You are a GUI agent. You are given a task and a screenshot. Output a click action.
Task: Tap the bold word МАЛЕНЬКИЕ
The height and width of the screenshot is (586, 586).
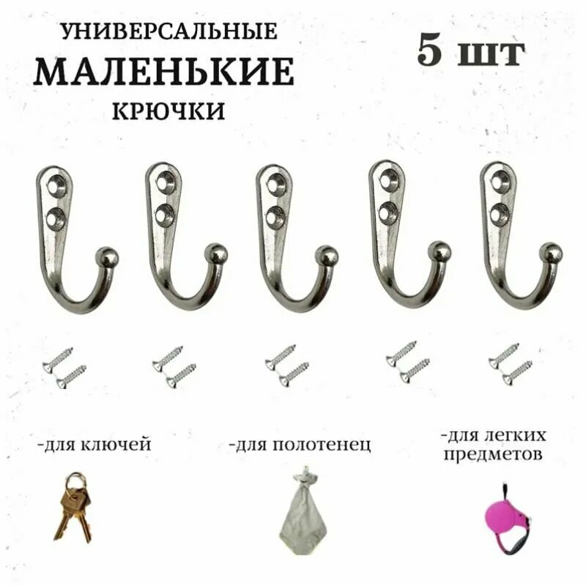click(x=164, y=72)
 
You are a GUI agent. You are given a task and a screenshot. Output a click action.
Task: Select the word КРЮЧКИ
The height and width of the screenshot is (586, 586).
click(x=168, y=111)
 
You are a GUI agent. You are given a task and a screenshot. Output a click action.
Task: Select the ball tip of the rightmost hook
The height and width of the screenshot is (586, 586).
click(x=551, y=253)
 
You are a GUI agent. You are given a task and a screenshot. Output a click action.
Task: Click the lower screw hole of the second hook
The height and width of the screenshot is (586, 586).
click(x=165, y=214)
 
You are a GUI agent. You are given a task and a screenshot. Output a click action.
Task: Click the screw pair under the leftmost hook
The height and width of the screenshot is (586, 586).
click(x=64, y=367)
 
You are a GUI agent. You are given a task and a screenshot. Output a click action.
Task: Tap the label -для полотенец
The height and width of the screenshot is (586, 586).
click(x=300, y=445)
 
